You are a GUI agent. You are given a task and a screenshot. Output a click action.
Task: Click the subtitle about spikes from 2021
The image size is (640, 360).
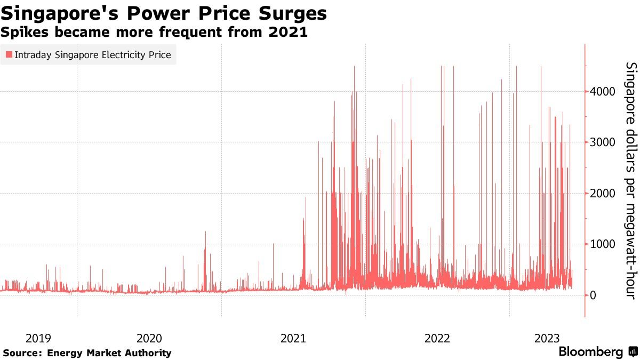point(154,32)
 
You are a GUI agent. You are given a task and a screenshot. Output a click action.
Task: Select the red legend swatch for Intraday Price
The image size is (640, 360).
point(9,54)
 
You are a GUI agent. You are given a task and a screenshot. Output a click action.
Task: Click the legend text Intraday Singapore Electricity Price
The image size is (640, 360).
point(93,54)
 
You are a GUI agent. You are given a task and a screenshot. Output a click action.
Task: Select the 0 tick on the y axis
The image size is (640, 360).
point(593,295)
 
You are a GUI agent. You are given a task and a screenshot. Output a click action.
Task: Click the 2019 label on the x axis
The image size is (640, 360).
point(38,338)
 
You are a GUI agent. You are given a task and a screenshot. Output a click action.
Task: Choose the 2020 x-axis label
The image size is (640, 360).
point(149,338)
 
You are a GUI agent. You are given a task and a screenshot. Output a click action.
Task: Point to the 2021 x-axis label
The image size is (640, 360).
point(293,338)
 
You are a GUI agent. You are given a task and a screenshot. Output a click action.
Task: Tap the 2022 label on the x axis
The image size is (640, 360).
point(437,338)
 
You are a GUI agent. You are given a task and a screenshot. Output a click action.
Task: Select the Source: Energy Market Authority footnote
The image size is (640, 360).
point(87,353)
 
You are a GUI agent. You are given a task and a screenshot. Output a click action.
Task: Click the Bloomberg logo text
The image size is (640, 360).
point(590,352)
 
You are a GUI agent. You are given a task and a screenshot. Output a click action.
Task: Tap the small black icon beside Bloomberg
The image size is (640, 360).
point(633,352)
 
